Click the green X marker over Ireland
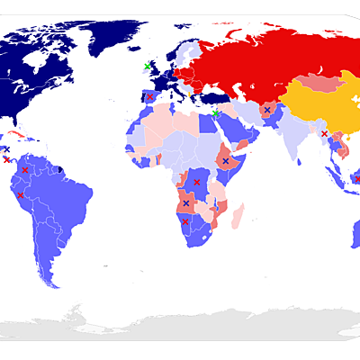coord(148,66)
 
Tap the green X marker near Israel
coord(216,113)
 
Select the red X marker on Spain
coord(150,97)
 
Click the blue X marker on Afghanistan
coord(266,110)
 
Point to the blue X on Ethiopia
coord(225,161)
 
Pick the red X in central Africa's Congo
coord(197,183)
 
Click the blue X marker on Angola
coord(186,203)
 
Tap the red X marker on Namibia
coord(185,221)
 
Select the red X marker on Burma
coord(324,133)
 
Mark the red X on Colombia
coord(25,169)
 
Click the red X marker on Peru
coord(20,194)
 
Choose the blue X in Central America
coord(6,149)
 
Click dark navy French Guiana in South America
coord(60,167)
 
